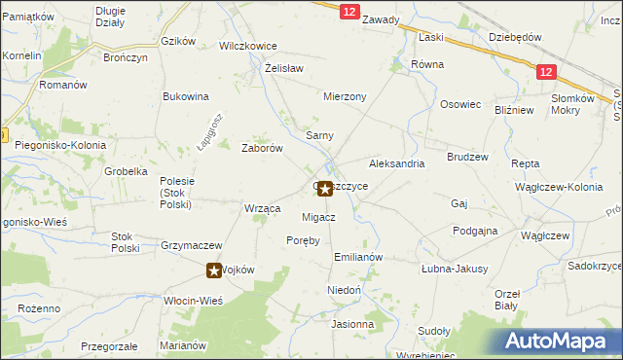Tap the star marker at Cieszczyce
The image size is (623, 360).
[x=325, y=189]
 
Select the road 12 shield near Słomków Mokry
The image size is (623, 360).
[x=546, y=71]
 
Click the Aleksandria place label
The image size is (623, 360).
[x=396, y=164]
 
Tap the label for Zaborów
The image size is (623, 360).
[x=262, y=149]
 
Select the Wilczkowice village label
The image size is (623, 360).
[x=248, y=46]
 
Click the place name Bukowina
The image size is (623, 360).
[x=186, y=96]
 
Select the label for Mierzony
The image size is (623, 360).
[x=345, y=97]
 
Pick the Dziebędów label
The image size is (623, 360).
[x=515, y=37]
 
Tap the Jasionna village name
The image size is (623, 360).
[x=352, y=324]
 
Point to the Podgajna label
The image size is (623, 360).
[x=475, y=231]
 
